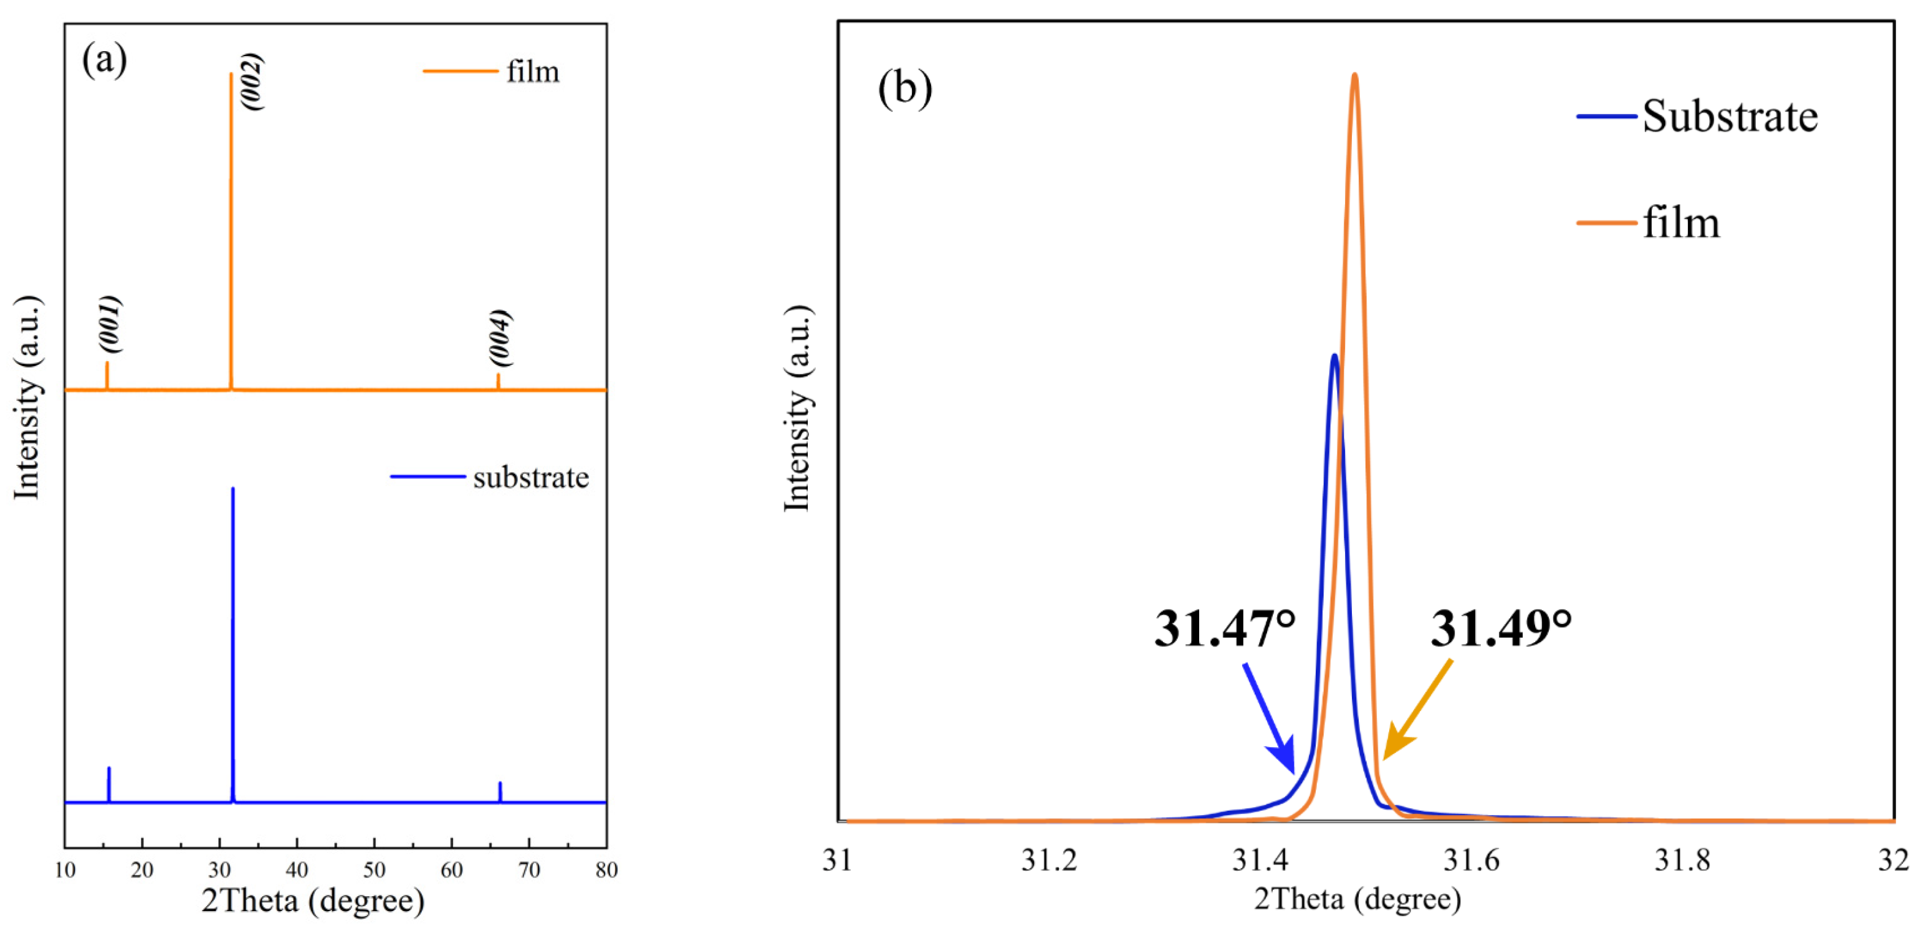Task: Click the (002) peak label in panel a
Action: click(252, 82)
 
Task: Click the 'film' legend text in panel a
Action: click(532, 72)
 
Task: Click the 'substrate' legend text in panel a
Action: click(530, 478)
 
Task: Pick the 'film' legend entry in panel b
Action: click(1681, 223)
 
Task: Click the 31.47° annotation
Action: click(1224, 628)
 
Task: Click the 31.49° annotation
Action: click(1501, 628)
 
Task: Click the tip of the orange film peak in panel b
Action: click(1354, 75)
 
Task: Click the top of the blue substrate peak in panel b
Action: click(1334, 356)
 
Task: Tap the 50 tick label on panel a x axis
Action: click(374, 869)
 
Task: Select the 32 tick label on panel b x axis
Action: click(1893, 861)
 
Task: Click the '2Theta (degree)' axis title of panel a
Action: click(313, 901)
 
